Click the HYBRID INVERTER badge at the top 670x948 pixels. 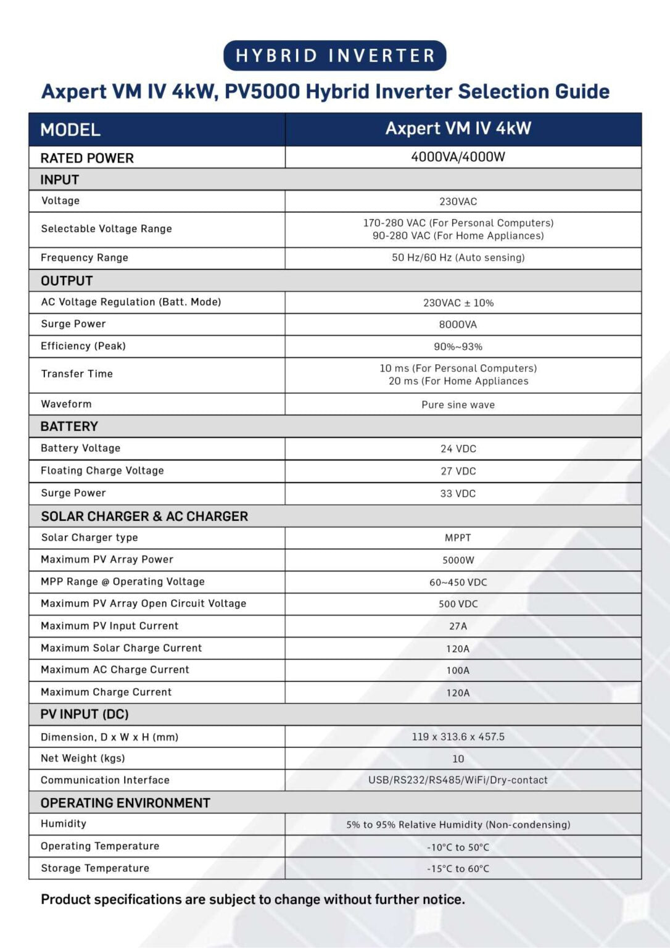[334, 56]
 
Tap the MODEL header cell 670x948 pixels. [70, 130]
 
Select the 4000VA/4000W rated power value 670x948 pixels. [458, 157]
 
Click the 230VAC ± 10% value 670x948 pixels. [458, 303]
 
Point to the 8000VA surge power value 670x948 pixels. [458, 325]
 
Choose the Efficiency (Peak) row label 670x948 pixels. [83, 346]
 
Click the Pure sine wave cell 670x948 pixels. [458, 405]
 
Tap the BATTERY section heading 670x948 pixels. [69, 426]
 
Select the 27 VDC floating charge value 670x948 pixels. [458, 471]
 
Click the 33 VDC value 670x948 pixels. [458, 494]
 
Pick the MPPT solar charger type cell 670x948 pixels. [458, 538]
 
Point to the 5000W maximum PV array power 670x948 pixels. [458, 560]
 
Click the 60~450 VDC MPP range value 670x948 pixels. [458, 583]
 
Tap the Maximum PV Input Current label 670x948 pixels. [110, 626]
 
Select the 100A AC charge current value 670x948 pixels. [458, 670]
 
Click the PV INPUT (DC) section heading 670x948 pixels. [85, 714]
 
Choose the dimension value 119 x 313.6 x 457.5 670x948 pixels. [458, 736]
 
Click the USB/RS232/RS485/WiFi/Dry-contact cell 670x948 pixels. [458, 780]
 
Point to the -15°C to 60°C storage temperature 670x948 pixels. [458, 869]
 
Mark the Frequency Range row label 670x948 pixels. [85, 258]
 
